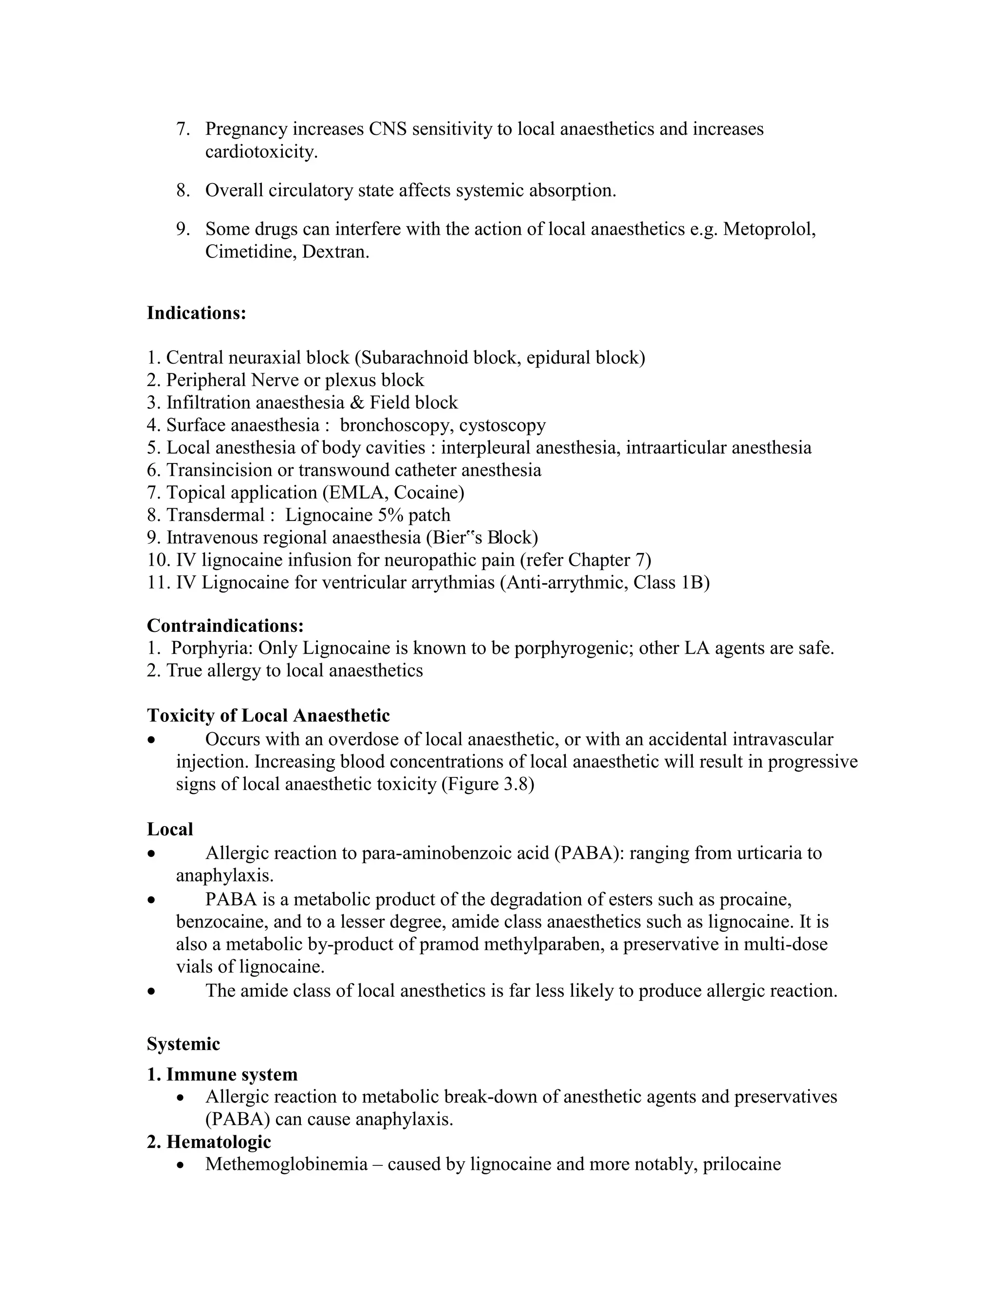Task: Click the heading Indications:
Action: (x=196, y=313)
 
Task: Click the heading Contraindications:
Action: (x=225, y=625)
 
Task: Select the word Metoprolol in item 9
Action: (x=769, y=229)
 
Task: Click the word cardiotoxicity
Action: (x=260, y=152)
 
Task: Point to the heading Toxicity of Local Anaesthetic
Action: (x=268, y=716)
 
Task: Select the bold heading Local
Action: (x=170, y=829)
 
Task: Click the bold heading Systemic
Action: (x=183, y=1044)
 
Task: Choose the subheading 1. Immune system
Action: (x=222, y=1074)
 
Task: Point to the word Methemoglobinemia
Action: (x=286, y=1165)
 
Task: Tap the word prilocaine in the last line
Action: (x=741, y=1165)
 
